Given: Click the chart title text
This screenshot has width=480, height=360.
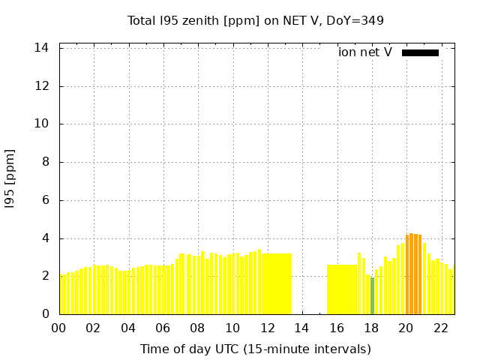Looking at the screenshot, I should tap(255, 20).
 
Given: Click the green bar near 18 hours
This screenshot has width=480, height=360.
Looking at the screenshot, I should tap(372, 296).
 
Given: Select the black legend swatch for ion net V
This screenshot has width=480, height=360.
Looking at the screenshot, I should tap(420, 52).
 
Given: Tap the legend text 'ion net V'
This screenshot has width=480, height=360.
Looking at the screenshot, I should tap(365, 52).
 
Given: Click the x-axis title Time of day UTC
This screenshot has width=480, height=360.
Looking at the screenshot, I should tap(255, 349).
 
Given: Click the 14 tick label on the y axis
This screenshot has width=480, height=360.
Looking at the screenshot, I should tap(42, 48).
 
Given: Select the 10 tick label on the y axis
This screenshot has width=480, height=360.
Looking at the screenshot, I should tap(42, 124).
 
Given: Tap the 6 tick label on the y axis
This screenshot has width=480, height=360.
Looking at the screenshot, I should tap(45, 200).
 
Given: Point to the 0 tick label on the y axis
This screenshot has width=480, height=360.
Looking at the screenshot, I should tap(45, 314).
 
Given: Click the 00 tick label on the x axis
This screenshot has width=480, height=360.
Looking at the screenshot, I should tap(58, 328).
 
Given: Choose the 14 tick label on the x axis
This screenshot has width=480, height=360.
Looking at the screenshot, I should tap(301, 328).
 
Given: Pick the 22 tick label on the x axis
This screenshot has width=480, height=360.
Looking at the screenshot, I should tap(440, 328).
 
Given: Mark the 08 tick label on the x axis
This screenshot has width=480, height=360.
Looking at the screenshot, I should tap(197, 328).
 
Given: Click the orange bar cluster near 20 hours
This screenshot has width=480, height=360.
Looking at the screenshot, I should tap(413, 274).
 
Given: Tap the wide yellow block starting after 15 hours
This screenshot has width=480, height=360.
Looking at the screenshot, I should tap(342, 289).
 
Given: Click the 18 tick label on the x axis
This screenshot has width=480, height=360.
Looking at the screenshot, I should tap(370, 328).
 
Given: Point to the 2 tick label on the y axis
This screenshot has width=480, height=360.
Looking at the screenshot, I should tap(45, 276).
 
